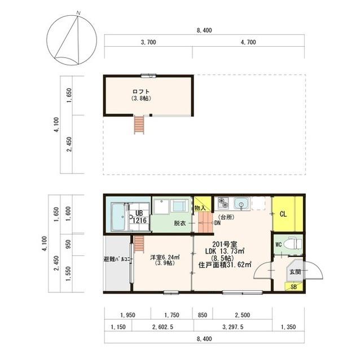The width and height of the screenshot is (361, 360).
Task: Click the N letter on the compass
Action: point(78,13)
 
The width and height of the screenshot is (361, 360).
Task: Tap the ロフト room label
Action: point(141,91)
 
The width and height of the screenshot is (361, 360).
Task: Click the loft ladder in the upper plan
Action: point(139,125)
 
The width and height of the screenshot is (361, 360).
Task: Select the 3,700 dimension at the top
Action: point(148,42)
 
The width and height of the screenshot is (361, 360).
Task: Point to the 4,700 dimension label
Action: point(248,42)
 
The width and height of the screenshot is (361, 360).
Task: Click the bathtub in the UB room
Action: point(118,216)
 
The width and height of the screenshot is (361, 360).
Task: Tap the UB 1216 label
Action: point(139,217)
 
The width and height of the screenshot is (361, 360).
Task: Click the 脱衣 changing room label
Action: point(180,223)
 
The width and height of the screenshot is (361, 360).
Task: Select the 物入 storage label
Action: point(200,208)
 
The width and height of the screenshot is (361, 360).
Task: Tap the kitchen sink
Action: point(241,204)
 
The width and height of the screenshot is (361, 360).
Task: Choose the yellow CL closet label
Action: point(283,214)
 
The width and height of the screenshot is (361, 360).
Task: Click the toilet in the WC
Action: point(293,244)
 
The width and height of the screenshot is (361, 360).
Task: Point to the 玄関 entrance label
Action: point(295,272)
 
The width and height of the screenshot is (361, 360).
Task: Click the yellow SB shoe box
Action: point(293,287)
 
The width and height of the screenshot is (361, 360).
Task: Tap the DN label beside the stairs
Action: point(217,223)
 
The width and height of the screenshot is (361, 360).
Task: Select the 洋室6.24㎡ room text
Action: point(165,257)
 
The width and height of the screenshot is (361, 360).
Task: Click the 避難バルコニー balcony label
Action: point(118,259)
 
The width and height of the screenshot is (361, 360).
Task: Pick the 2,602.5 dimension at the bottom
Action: point(162,327)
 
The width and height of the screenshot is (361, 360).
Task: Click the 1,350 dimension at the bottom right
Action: point(288,327)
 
